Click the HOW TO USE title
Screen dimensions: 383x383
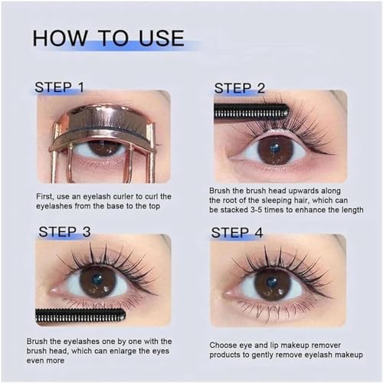pyautogui.click(x=108, y=38)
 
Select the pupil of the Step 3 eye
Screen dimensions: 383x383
pyautogui.click(x=97, y=281)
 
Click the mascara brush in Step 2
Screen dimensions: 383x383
pyautogui.click(x=251, y=112)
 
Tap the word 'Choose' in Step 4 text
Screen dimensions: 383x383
pyautogui.click(x=227, y=345)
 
